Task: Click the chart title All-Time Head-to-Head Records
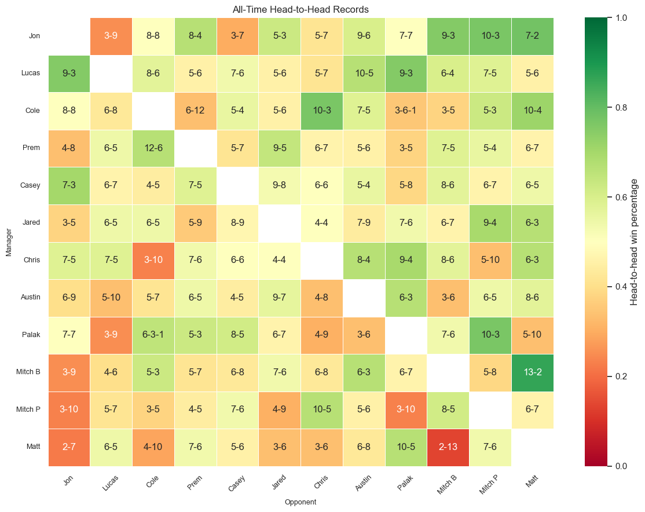300,9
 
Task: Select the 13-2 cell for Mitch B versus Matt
532,372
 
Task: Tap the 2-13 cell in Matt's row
448,447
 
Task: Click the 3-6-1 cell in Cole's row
406,111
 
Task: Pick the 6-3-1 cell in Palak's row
153,335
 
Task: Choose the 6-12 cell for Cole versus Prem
195,111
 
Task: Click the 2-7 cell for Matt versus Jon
69,447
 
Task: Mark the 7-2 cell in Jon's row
532,36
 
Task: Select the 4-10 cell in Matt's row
153,447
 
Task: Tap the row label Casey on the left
30,185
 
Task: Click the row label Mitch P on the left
28,409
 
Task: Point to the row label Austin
31,297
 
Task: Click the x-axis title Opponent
300,502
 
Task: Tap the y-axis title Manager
9,242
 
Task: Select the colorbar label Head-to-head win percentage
634,242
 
